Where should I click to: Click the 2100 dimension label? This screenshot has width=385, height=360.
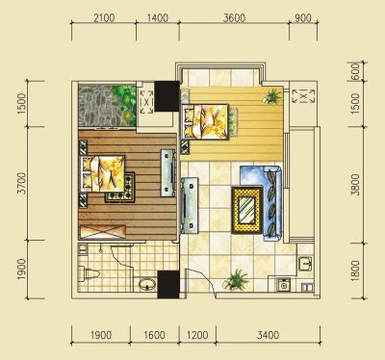click(x=104, y=17)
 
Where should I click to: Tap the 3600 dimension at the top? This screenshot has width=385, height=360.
click(x=234, y=17)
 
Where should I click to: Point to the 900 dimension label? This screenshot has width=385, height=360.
click(x=303, y=17)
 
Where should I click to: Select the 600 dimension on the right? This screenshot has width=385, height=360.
click(x=355, y=71)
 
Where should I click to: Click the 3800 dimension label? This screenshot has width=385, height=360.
click(x=355, y=185)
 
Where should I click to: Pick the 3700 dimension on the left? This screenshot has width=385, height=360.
click(x=21, y=183)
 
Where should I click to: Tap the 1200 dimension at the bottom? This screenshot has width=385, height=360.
click(x=197, y=335)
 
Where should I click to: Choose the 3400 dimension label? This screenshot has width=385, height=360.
click(x=268, y=335)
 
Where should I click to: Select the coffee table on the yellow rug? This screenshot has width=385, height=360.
click(x=247, y=210)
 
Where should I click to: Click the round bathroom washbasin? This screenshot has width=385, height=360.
click(x=147, y=284)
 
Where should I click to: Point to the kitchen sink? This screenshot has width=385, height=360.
click(x=305, y=264)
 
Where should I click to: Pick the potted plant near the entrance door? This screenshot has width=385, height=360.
click(x=236, y=280)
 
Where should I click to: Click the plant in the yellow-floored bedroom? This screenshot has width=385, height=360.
click(x=272, y=96)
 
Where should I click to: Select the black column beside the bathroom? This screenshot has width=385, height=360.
click(x=168, y=285)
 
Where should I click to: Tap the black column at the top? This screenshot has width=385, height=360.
click(x=167, y=96)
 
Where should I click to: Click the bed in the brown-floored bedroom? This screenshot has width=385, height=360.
click(x=103, y=173)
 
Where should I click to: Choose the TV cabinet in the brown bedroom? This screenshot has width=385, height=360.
click(x=167, y=172)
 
